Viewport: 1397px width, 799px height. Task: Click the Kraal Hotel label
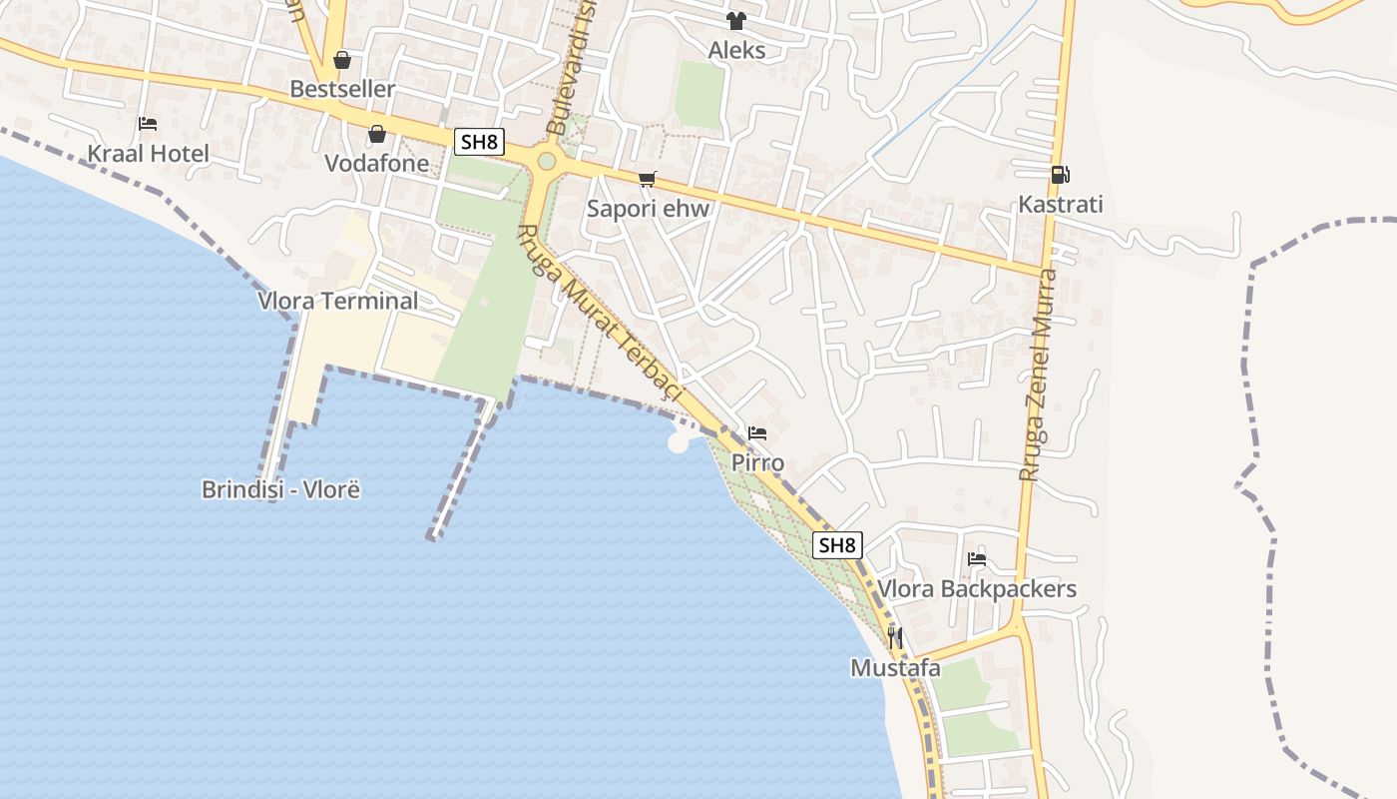[x=149, y=154]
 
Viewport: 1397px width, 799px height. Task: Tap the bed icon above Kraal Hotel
[x=148, y=124]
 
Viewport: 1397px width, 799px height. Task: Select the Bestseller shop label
[x=342, y=89]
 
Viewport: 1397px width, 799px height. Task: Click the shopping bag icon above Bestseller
[x=342, y=60]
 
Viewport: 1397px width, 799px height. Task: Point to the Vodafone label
[x=376, y=164]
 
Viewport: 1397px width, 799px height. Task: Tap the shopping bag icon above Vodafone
[x=377, y=134]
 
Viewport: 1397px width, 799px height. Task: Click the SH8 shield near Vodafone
[x=478, y=142]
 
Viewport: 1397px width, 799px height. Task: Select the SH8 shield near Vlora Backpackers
[x=837, y=545]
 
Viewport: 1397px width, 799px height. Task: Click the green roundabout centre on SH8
[x=546, y=161]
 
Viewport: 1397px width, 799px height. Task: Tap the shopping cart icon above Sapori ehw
[x=648, y=180]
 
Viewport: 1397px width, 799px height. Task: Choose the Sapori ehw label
[x=648, y=209]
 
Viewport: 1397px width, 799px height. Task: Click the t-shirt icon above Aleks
[x=736, y=21]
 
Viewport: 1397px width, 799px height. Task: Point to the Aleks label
[x=736, y=50]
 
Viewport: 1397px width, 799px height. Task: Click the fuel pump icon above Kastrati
[x=1060, y=175]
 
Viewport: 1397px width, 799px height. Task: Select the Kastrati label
[x=1060, y=205]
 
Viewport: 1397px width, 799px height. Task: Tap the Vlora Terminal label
[x=338, y=301]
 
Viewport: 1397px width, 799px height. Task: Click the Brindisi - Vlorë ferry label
[x=280, y=490]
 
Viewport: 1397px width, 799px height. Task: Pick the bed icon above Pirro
[x=757, y=433]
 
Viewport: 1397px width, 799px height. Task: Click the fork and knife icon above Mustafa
[x=895, y=637]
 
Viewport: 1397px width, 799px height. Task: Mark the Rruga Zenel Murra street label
[x=1039, y=375]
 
